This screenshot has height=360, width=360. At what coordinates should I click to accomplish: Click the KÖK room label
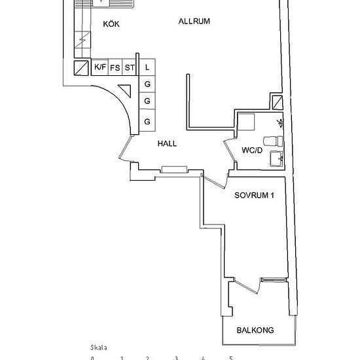[x=111, y=24]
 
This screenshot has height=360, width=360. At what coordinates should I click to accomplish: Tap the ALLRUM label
[x=194, y=22]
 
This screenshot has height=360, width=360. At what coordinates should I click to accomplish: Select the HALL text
[x=167, y=144]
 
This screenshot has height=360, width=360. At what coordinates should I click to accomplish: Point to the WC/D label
[x=252, y=151]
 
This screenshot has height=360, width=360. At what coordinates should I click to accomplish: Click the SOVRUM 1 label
[x=254, y=196]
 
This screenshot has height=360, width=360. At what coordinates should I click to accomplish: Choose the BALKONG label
[x=255, y=331]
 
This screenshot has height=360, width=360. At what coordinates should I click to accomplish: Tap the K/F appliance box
[x=100, y=67]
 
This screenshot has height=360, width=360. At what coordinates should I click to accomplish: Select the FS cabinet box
[x=115, y=67]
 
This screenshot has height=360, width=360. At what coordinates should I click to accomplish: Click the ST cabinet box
[x=129, y=67]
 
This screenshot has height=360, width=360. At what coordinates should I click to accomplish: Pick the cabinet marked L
[x=147, y=67]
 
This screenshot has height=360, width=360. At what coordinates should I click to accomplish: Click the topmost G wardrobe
[x=147, y=84]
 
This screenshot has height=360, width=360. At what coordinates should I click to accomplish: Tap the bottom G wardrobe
[x=147, y=120]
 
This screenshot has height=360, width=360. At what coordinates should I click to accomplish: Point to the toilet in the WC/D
[x=273, y=141]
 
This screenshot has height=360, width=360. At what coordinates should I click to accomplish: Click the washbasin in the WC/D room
[x=277, y=158]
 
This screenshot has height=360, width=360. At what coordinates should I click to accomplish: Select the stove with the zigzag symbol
[x=82, y=40]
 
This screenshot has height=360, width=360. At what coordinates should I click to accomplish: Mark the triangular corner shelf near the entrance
[x=126, y=90]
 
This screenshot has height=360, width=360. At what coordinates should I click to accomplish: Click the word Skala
[x=99, y=348]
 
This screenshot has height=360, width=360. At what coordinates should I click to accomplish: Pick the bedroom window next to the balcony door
[x=274, y=279]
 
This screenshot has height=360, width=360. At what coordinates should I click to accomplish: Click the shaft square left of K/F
[x=81, y=67]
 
